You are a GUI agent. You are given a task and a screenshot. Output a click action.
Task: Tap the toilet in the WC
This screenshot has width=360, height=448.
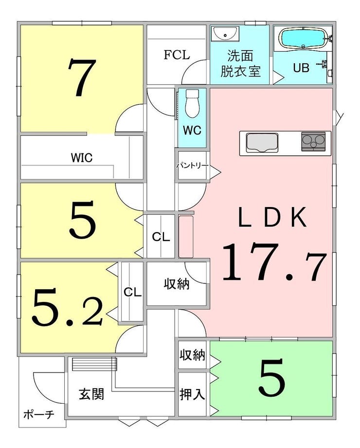tap(192, 103)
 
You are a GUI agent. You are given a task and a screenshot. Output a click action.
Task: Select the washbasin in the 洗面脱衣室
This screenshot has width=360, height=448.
tap(225, 34)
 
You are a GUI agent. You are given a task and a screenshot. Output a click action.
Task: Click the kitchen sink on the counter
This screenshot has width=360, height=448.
tap(262, 143)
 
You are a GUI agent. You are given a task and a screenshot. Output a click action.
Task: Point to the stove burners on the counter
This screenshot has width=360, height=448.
tap(313, 141)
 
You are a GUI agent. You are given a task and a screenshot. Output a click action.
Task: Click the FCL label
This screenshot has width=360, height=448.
tap(177, 55)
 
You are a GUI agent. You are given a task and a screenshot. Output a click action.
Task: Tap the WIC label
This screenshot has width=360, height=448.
tap(82, 158)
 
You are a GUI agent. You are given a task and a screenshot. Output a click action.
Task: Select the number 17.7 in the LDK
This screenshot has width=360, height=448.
tap(273, 262)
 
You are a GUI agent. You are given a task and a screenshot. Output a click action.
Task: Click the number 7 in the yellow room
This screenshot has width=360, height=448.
tap(81, 77)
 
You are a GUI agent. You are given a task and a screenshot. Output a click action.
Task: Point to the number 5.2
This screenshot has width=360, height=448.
tap(67, 307)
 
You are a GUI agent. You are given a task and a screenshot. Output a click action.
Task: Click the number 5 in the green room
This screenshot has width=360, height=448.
tap(271, 377)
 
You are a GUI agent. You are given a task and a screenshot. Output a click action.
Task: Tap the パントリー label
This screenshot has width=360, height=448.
tap(192, 166)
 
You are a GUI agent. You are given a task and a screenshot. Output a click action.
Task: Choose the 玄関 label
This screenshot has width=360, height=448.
tap(91, 394)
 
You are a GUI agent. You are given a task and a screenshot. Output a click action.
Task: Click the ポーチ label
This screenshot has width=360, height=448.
tap(39, 414)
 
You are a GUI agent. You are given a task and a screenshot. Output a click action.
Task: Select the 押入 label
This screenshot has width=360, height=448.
tap(192, 394)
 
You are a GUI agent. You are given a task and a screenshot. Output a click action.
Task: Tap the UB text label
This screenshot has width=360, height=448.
tap(301, 68)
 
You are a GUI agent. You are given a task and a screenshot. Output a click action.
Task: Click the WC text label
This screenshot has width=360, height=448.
tap(192, 131)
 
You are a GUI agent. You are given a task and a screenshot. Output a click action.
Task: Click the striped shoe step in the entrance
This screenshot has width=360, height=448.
tap(94, 364)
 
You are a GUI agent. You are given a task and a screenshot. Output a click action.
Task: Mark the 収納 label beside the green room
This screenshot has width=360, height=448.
tap(192, 355)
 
